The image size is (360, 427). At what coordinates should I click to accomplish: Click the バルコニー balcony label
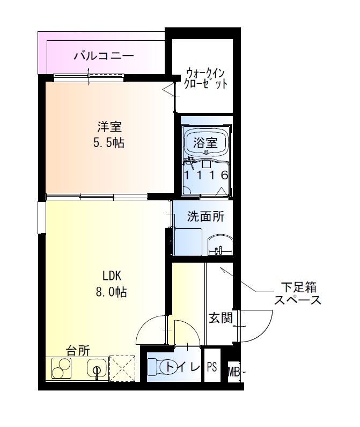coord(104,55)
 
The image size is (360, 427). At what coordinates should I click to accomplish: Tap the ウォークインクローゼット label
coord(207,78)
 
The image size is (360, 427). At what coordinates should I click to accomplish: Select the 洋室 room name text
coord(110,128)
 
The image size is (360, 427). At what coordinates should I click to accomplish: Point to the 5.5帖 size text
coord(110,143)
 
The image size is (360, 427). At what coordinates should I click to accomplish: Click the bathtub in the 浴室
coord(206,143)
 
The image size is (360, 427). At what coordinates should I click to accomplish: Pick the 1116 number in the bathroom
coord(206,175)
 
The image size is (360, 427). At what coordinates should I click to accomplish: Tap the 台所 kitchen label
coord(78,351)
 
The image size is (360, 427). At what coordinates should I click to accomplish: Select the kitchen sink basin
coord(97,369)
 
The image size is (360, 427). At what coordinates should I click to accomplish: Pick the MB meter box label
coord(233,370)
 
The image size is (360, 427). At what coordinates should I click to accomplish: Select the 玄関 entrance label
coord(220,318)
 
